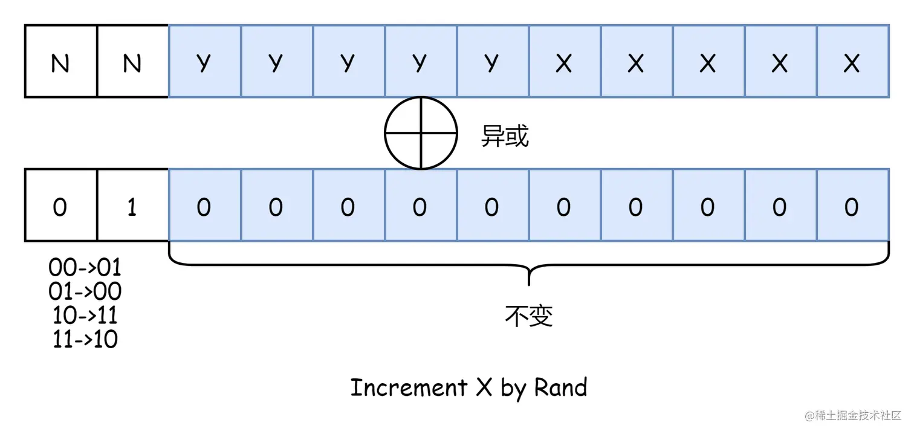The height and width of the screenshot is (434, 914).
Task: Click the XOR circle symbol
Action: (420, 133)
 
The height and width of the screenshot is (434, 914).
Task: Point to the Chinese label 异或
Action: (505, 137)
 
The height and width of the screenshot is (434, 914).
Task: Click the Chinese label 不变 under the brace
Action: (529, 316)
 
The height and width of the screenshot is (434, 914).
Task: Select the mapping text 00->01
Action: (85, 267)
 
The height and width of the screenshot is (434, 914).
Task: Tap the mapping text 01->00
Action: (85, 291)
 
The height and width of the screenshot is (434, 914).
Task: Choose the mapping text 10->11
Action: (85, 316)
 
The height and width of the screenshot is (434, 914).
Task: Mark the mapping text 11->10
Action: (85, 340)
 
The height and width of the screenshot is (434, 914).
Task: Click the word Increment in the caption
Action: (409, 387)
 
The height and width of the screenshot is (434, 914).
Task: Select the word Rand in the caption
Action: (560, 387)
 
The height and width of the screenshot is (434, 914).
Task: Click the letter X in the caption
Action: (484, 387)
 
